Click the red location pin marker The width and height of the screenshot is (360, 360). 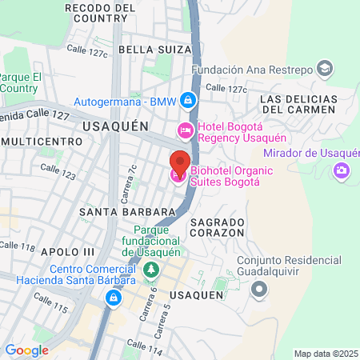pos(179,164)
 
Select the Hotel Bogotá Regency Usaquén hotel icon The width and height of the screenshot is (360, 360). pos(185,130)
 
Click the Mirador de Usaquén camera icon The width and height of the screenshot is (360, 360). pos(342,170)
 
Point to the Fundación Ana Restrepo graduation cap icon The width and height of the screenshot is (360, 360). pos(325,69)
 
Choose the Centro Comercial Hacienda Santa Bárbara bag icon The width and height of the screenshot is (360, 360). pos(114,298)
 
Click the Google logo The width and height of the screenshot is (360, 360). pos(26,350)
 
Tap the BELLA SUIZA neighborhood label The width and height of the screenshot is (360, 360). pos(155,50)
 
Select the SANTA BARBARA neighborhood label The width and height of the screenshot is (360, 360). pos(127,212)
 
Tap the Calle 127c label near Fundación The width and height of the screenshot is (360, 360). pos(226,89)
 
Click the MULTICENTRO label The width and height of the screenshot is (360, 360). pos(42,141)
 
